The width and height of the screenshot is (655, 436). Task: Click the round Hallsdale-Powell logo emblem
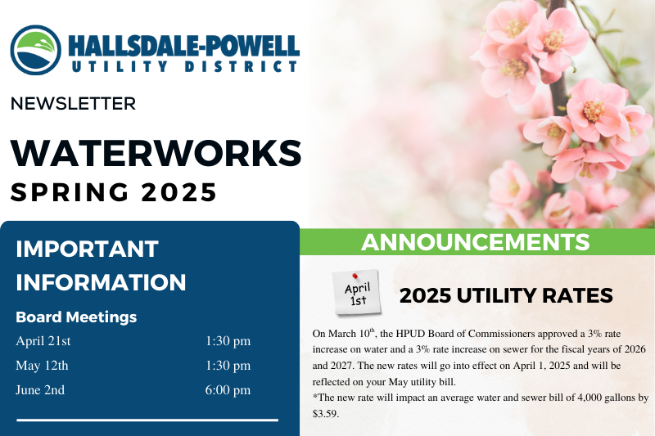pos(35,50)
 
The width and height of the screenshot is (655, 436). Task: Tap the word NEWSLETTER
pos(73,104)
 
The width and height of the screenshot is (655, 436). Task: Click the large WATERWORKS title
pos(156,153)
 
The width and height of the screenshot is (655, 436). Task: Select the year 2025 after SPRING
pos(178,192)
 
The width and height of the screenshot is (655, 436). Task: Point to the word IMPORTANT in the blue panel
pos(87,249)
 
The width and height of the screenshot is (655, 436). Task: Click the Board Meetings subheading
pos(76,317)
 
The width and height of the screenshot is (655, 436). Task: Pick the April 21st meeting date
pos(43,341)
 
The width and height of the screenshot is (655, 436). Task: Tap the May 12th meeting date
pos(42,366)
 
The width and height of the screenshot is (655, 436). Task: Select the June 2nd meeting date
pos(40,390)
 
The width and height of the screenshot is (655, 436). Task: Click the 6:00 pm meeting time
pos(228,390)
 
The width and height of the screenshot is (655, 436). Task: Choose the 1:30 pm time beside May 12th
pos(228,366)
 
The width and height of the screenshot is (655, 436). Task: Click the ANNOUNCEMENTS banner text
pos(476,242)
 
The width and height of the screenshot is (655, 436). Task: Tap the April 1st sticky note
pos(357,293)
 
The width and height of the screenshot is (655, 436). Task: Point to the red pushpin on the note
pos(355,276)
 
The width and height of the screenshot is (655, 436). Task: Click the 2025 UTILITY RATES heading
pos(506,295)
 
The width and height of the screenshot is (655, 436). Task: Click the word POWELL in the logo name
pos(252,47)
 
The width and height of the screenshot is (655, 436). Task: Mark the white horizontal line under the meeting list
pos(147,420)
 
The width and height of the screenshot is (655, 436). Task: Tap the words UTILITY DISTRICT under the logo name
pos(184,67)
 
